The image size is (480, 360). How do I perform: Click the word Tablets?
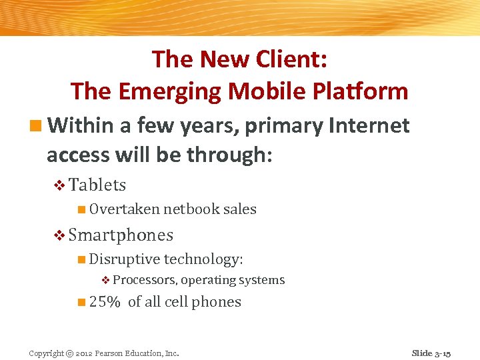click(97, 185)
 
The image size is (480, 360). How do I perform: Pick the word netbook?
click(192, 209)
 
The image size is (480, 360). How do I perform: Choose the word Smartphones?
click(121, 235)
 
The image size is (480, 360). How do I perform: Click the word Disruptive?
click(125, 259)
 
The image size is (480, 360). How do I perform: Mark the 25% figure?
click(105, 302)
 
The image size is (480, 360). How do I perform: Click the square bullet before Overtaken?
click(81, 210)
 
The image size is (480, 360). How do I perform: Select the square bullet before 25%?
click(81, 302)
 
